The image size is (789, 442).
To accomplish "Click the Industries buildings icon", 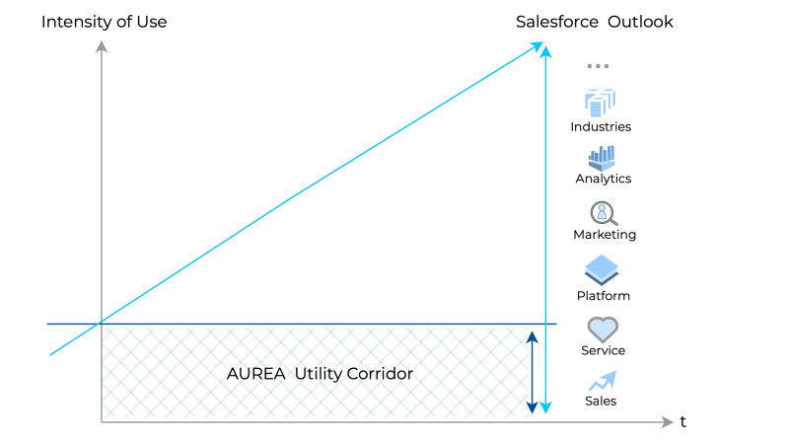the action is coord(600,103).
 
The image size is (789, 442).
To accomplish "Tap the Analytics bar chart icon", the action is coord(602,158).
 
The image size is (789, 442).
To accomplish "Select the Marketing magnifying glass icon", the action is coord(604,213).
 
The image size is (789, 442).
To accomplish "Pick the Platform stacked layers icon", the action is coord(602,269).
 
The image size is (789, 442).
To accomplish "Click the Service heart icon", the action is coord(603,330).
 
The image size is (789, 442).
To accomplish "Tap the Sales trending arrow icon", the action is coord(603,381).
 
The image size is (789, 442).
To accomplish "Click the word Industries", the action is coord(601,126).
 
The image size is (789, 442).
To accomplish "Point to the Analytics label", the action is coord(604,179).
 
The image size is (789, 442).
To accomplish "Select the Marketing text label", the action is coord(605,235).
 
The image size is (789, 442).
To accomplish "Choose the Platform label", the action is coord(603,296).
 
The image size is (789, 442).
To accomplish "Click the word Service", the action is coord(603,350).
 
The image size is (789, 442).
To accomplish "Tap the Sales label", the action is coord(601,401).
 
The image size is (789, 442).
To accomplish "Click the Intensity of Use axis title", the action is coord(104,22).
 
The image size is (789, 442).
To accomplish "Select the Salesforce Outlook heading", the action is coord(595,22).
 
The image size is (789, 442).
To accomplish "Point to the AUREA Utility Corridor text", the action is coord(320,374).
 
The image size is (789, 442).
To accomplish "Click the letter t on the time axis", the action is coord(682,421).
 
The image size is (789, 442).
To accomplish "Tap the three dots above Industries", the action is coord(598,66).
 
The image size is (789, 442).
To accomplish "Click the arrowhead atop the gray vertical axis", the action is coord(102,45).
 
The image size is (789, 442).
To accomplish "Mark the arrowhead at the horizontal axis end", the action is coord(668,422).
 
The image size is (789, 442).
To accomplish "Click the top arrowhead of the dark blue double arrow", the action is coord(532,336).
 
